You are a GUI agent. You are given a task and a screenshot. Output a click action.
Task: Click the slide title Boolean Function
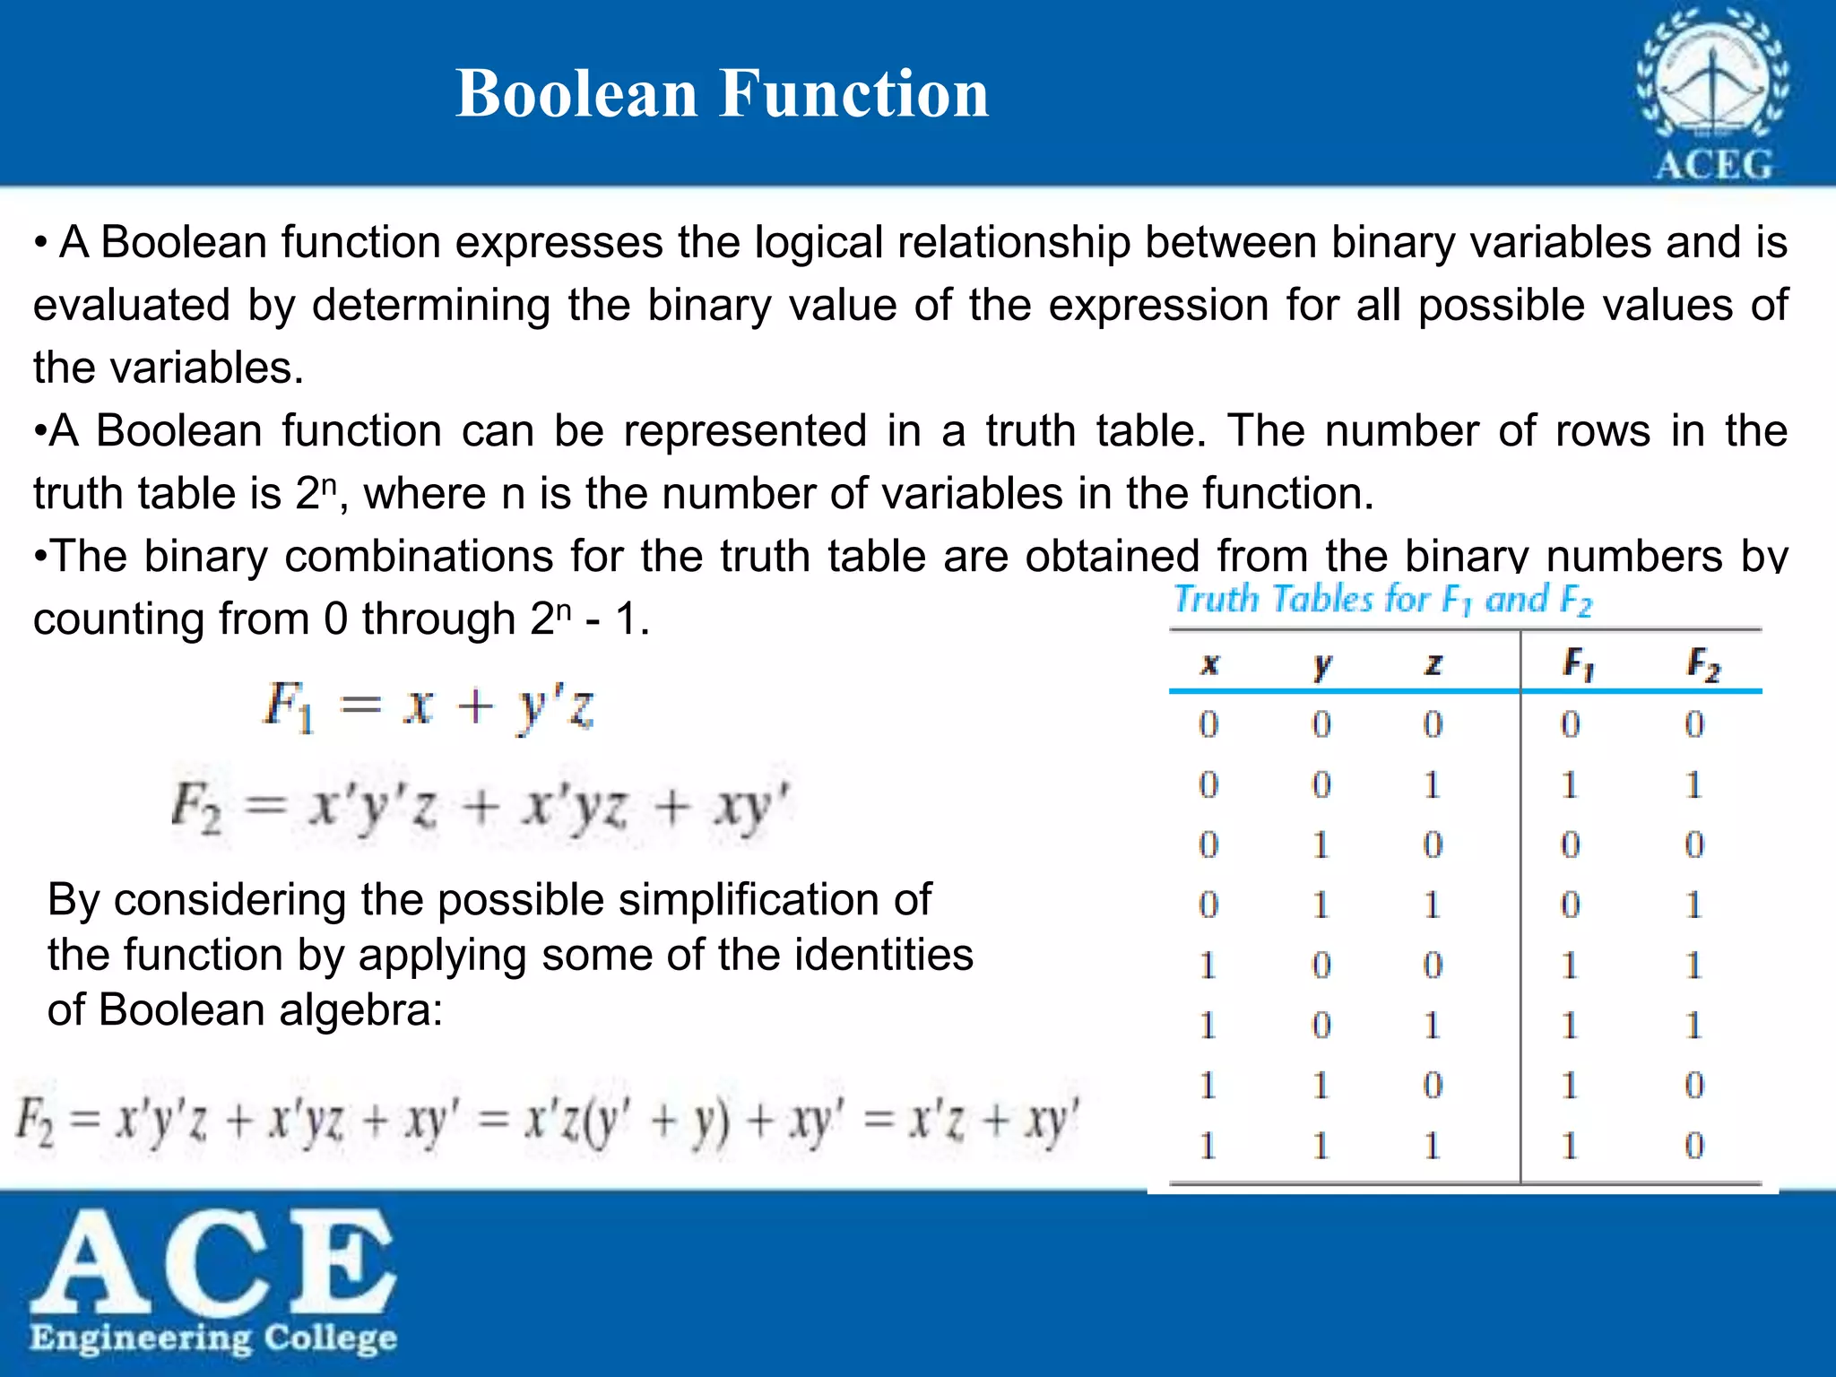(722, 93)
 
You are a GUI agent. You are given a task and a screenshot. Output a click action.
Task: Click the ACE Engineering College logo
(213, 1283)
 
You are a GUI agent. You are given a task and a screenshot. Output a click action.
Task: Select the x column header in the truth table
(1209, 664)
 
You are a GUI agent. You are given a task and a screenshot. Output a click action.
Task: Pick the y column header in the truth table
(1321, 665)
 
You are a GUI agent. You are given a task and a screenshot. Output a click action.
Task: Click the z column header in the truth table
(1433, 664)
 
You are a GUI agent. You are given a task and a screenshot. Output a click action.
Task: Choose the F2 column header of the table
(1702, 664)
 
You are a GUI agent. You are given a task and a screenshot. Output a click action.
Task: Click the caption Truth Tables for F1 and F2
(1383, 600)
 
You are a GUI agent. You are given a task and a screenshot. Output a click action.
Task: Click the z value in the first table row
(1433, 724)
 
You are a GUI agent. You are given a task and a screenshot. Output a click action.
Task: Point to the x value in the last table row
(1208, 1146)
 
